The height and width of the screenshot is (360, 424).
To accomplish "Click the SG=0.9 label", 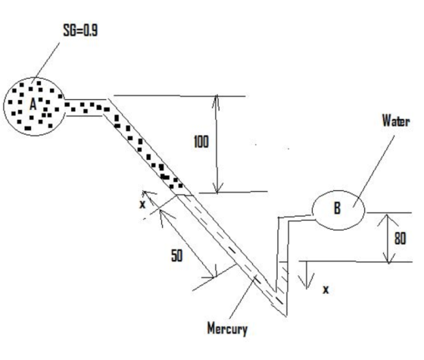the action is click(x=80, y=30).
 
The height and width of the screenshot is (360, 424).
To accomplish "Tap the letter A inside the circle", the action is click(x=33, y=105).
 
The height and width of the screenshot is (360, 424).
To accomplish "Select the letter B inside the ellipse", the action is click(x=337, y=208).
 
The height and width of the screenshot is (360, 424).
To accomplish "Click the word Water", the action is click(x=396, y=121).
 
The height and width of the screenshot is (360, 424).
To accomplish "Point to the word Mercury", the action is click(x=227, y=329).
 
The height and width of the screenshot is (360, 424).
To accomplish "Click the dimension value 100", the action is click(x=201, y=142).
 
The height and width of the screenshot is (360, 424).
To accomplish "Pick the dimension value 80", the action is click(x=401, y=239).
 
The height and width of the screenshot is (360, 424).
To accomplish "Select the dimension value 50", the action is click(x=177, y=255).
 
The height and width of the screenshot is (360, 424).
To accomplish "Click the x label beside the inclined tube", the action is click(x=142, y=205).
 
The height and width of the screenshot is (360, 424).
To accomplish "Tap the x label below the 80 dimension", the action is click(x=326, y=290).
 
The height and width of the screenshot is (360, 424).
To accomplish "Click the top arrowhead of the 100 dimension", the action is click(x=217, y=101).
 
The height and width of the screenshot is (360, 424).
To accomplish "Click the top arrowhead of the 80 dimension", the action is click(x=387, y=218).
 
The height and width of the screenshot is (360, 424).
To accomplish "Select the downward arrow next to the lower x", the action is click(x=306, y=275).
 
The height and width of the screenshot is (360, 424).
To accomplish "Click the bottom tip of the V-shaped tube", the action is click(x=286, y=315).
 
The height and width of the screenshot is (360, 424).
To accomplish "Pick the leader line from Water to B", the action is click(x=374, y=171).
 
